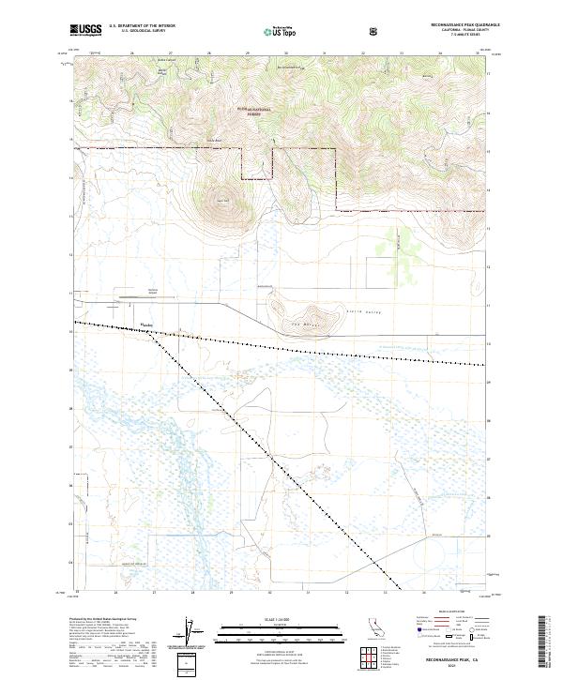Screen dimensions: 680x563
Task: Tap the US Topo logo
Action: tap(282, 29)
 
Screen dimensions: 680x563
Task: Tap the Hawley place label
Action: tap(146, 326)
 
